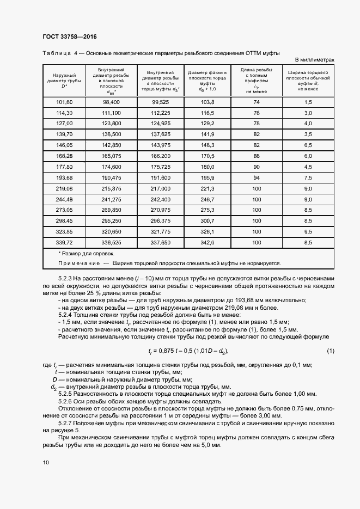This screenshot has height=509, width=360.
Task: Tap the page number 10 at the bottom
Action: [45, 463]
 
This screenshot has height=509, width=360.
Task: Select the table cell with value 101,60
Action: [64, 102]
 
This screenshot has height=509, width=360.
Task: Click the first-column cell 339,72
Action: [64, 242]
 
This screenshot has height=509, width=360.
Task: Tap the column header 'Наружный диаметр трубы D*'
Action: [64, 81]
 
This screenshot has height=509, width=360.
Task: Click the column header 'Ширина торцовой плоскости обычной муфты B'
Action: [308, 81]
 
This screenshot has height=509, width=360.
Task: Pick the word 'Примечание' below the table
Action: [76, 263]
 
